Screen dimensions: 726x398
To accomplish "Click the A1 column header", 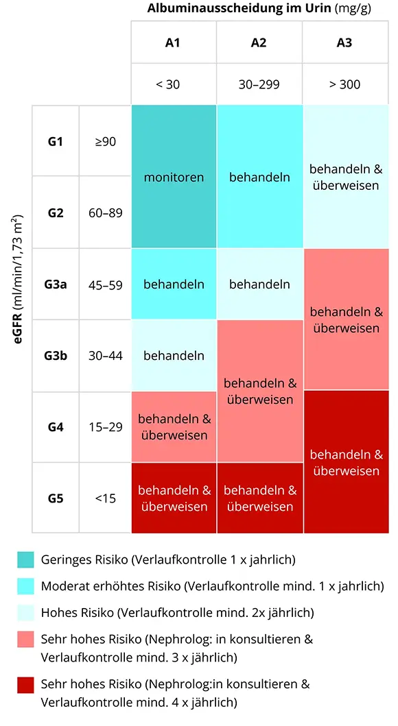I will tap(174, 43).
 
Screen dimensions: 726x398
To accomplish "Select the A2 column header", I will tap(259, 43).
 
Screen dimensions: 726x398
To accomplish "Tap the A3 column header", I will tap(344, 43).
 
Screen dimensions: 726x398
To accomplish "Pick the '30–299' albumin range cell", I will tap(259, 84).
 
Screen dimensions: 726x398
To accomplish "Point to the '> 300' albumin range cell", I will tap(344, 84).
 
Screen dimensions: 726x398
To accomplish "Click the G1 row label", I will tap(56, 141).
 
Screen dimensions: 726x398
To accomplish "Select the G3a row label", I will tap(56, 285).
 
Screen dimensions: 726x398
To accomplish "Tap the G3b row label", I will tap(56, 356).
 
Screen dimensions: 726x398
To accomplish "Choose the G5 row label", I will tap(56, 498).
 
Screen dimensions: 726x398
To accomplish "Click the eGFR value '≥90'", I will tap(106, 141).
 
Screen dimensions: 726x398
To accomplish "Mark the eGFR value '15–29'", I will tap(106, 427).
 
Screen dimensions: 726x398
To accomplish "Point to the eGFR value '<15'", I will tap(106, 498).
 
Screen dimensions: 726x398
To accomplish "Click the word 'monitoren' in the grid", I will tap(174, 177).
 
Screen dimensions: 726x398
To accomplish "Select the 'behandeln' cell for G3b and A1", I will tap(174, 356).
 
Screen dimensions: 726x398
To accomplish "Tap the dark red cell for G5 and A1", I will tap(174, 498).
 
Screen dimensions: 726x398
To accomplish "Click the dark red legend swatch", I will tap(26, 684).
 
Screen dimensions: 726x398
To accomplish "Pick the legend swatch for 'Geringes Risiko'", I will tap(26, 559).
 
